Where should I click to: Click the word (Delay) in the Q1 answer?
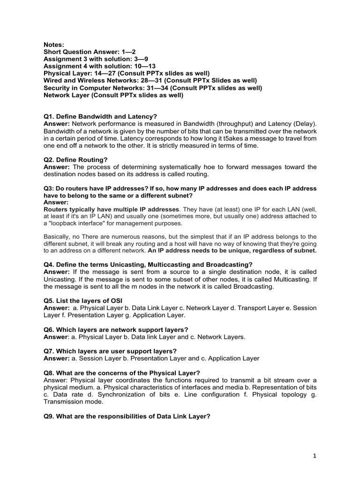[x=302, y=124]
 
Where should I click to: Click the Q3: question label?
[x=50, y=188]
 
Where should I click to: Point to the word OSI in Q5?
[x=118, y=300]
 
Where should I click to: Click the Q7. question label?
[x=50, y=351]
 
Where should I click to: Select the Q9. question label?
[x=50, y=416]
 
